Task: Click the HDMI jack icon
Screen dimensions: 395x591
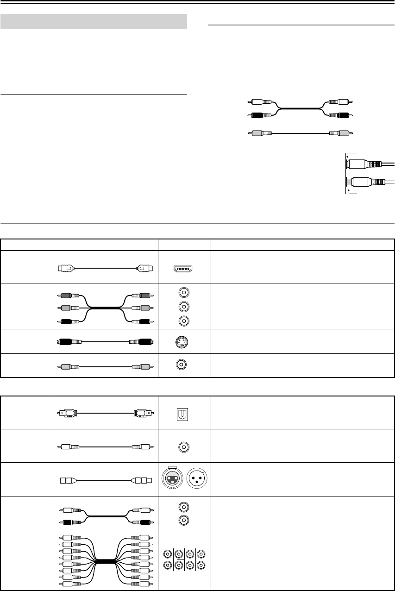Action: click(x=184, y=268)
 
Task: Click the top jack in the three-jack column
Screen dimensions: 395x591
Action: click(x=184, y=293)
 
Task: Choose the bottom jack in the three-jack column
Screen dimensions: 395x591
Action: click(x=184, y=321)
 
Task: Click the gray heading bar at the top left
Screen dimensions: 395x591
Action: click(x=94, y=21)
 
